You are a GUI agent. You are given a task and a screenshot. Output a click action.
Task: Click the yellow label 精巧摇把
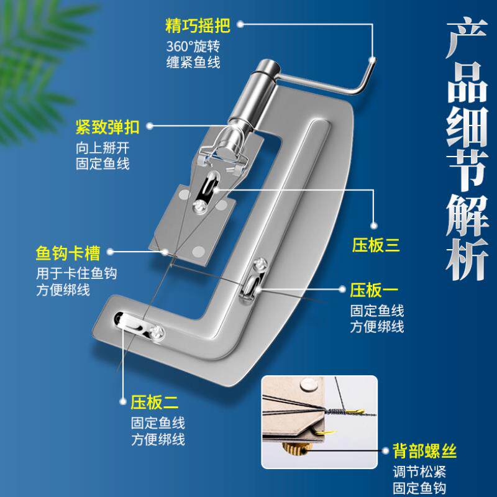(x=197, y=26)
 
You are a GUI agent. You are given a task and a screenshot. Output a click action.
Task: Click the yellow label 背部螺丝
(x=422, y=449)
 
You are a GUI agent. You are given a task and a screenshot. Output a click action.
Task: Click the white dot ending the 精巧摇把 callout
(x=241, y=25)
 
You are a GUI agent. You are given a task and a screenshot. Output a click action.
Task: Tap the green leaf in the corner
(x=37, y=37)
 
